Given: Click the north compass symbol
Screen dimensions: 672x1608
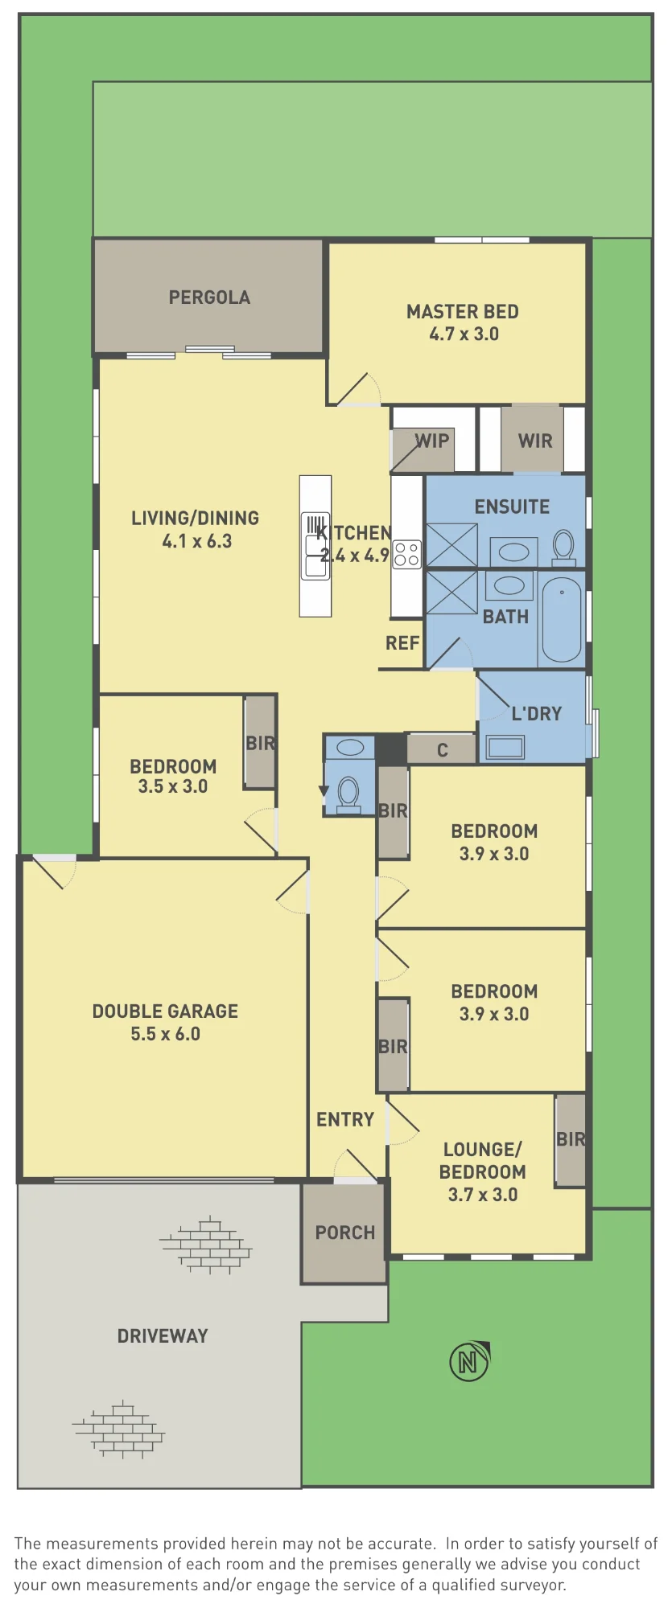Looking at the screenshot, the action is [x=470, y=1361].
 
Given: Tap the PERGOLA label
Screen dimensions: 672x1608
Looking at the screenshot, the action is [x=209, y=297].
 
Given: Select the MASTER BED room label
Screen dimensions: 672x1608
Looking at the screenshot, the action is [x=463, y=312].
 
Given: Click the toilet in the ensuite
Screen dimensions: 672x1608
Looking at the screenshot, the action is [x=564, y=546].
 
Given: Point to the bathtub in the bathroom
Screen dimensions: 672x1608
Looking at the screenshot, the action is [x=562, y=619].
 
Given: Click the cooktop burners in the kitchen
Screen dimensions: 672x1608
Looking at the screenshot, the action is [x=407, y=555].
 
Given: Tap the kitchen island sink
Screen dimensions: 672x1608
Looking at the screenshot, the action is [x=316, y=547].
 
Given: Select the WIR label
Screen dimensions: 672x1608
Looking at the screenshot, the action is [x=535, y=441].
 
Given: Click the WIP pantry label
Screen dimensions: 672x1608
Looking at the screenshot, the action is [x=432, y=441].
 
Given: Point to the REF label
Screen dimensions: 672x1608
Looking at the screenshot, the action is [x=402, y=643].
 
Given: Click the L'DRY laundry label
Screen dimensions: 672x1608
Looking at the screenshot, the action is [x=537, y=713].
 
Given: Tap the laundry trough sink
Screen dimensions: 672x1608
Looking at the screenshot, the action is [x=505, y=748].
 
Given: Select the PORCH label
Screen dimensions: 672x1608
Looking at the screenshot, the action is [x=345, y=1233].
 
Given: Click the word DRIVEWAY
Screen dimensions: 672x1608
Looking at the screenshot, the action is [x=163, y=1336].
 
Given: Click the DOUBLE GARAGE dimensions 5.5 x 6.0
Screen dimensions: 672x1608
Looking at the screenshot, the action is [x=166, y=1034].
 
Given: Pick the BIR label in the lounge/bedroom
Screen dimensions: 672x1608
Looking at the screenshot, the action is [x=571, y=1139].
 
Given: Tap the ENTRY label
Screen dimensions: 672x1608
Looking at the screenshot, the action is [x=345, y=1119].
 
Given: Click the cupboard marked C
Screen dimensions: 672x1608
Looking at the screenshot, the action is [x=442, y=749].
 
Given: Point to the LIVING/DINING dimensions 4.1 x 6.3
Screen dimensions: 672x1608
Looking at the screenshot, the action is [x=197, y=541].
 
